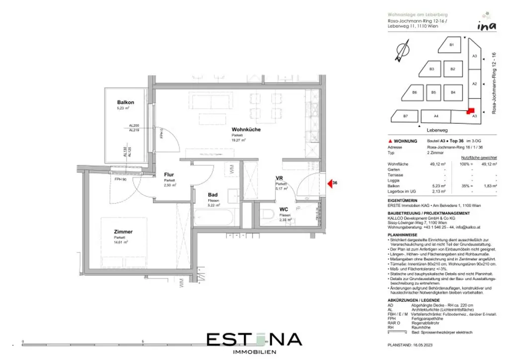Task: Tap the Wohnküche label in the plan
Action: pos(246,130)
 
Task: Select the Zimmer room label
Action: pos(123,232)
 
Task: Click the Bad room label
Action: pos(213,195)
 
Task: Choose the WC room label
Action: pos(284,210)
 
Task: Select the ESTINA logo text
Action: pos(254,340)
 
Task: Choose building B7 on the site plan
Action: pos(405,116)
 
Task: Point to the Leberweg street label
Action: pos(437,130)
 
